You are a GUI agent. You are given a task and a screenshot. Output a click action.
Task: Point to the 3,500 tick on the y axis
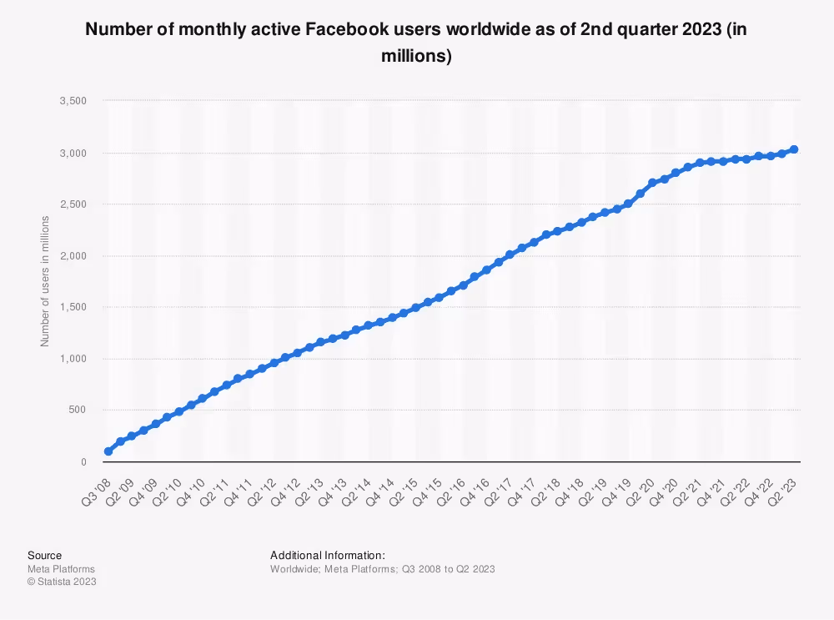(x=73, y=101)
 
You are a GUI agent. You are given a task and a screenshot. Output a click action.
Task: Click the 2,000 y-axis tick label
(x=73, y=256)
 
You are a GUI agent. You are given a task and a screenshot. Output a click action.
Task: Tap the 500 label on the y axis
(x=78, y=410)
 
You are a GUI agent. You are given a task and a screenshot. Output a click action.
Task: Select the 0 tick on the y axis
(x=83, y=461)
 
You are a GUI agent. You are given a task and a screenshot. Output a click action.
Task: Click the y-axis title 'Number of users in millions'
(x=45, y=281)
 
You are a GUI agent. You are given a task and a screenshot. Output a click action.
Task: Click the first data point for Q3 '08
(x=108, y=451)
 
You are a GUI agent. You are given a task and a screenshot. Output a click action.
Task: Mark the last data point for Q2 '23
(x=795, y=149)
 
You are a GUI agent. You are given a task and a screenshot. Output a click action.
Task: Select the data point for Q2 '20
(x=653, y=183)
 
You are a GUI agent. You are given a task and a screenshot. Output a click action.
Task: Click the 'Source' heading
(x=44, y=555)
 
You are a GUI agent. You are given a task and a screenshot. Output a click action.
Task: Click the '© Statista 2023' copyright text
(x=62, y=582)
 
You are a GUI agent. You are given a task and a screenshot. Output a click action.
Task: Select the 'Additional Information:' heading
(x=328, y=555)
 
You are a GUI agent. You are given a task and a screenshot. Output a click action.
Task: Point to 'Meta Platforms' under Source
(x=61, y=569)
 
